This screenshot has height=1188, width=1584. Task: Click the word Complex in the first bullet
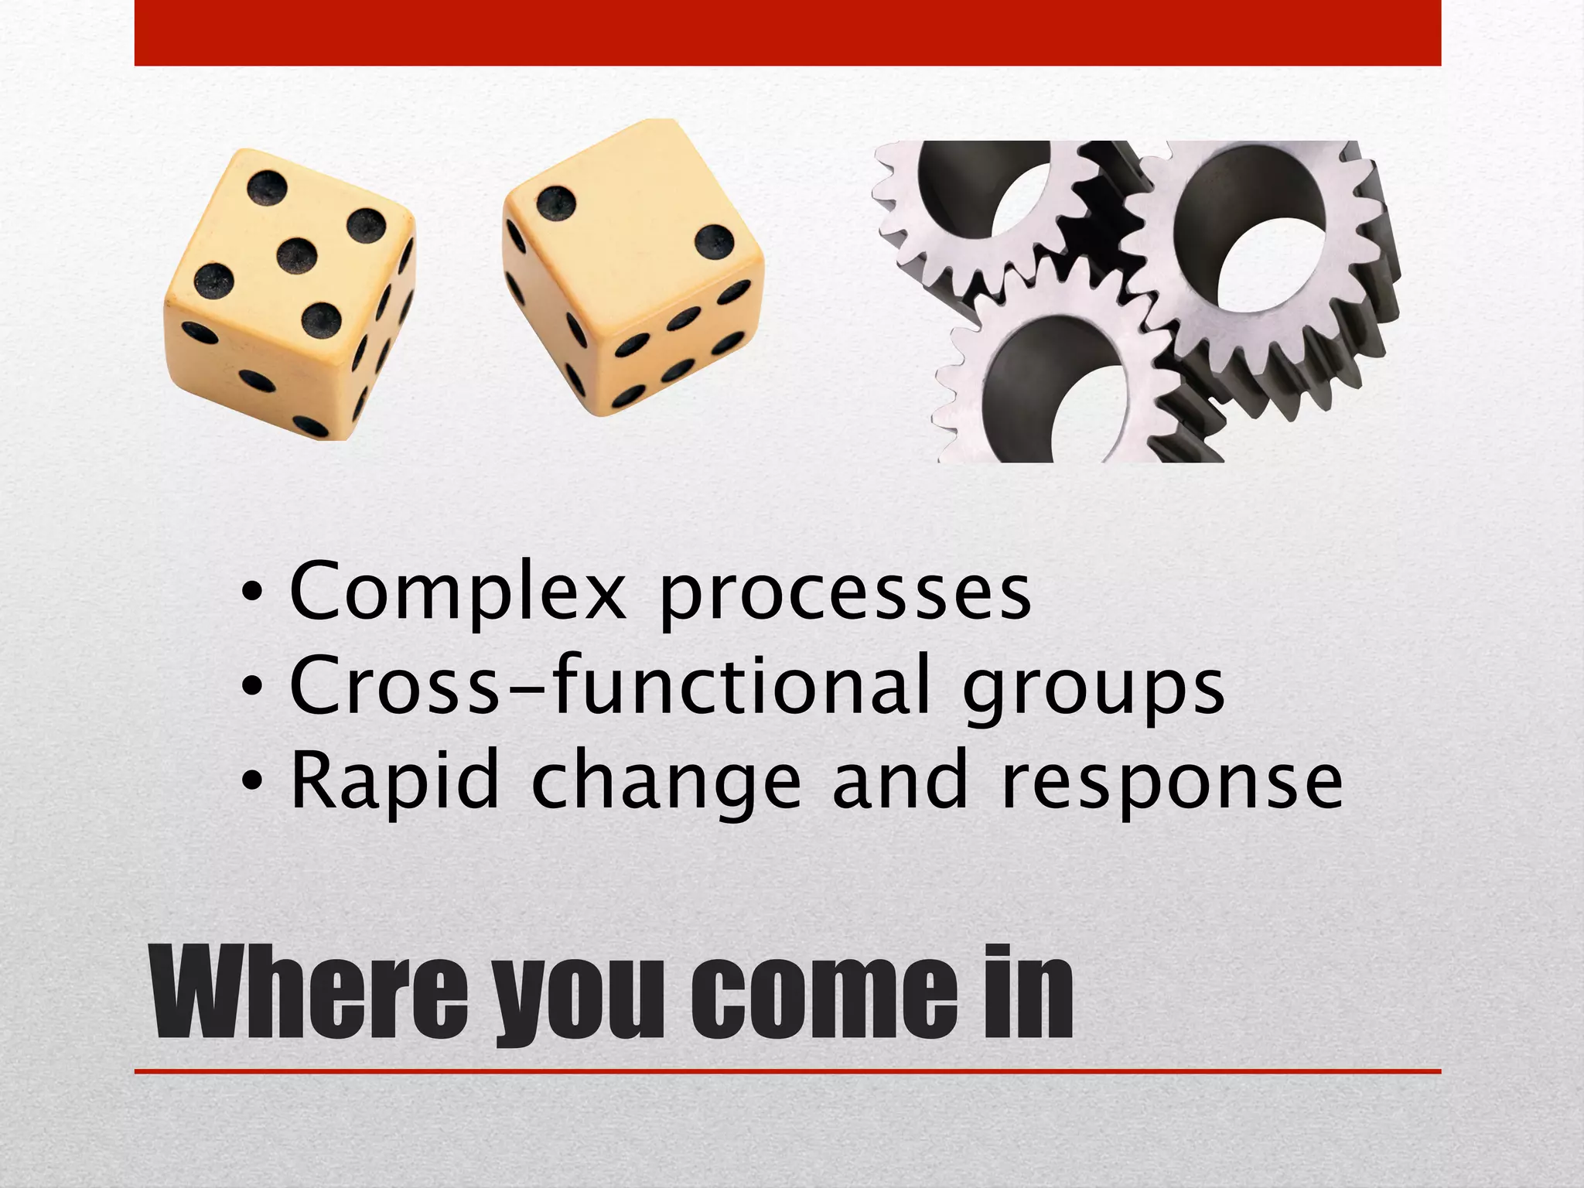pyautogui.click(x=456, y=592)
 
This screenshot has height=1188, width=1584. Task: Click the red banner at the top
pyautogui.click(x=787, y=32)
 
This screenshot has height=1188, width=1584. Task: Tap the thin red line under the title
pyautogui.click(x=787, y=1071)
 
